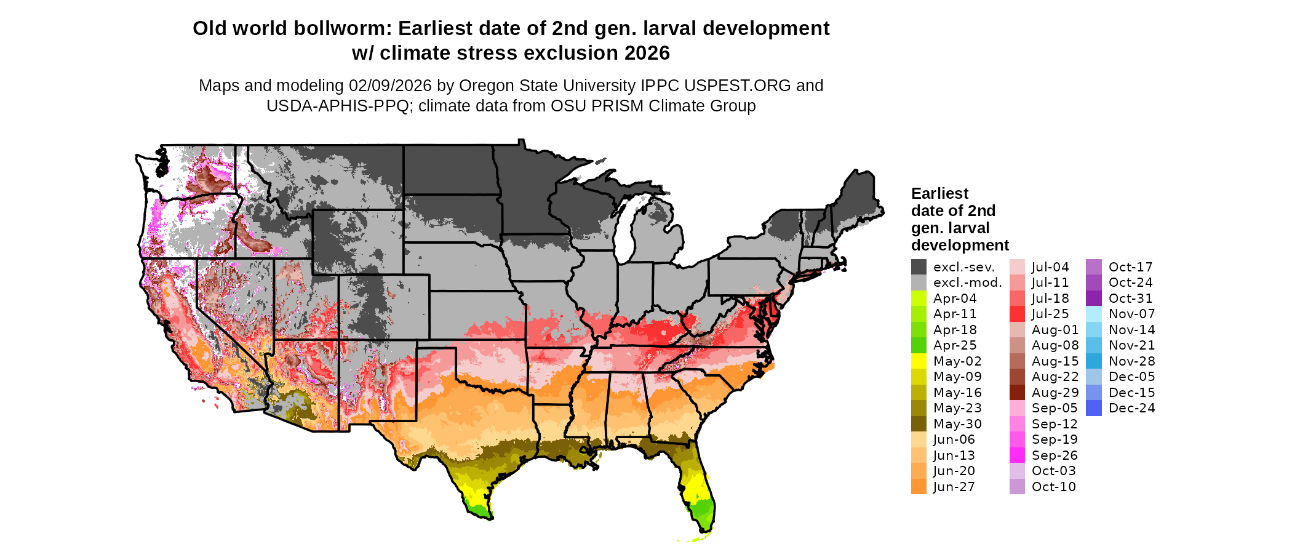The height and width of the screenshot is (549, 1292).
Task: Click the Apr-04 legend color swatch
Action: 919,299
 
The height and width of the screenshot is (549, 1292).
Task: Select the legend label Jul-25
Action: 1050,314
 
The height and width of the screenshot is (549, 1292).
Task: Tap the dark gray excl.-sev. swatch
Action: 919,267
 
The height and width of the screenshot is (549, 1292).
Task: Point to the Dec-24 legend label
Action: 1131,408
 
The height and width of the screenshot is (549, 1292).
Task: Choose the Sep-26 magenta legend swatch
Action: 1017,455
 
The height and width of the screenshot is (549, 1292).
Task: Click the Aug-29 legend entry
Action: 1055,393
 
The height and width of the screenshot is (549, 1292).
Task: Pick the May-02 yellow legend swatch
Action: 919,361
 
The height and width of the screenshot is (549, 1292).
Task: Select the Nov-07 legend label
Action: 1131,314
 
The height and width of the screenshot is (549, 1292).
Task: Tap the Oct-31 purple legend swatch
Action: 1094,299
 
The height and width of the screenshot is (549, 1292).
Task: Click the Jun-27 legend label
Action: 954,487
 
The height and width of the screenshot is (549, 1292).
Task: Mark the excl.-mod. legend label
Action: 967,283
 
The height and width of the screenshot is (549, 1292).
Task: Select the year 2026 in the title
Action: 647,54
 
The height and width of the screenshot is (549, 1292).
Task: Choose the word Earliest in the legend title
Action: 939,194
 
